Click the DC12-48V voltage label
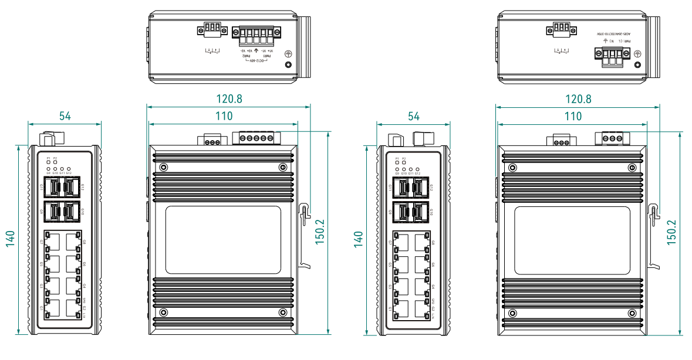point(256,61)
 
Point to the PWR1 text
point(266,56)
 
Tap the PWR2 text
point(247,56)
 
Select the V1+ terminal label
point(271,50)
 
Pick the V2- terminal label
point(241,50)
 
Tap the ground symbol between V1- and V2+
point(256,51)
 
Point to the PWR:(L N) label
point(621,42)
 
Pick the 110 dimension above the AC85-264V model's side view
point(573,116)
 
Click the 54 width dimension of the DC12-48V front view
point(65,116)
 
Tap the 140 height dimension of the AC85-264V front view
point(359,239)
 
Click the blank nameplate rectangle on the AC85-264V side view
point(572,240)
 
